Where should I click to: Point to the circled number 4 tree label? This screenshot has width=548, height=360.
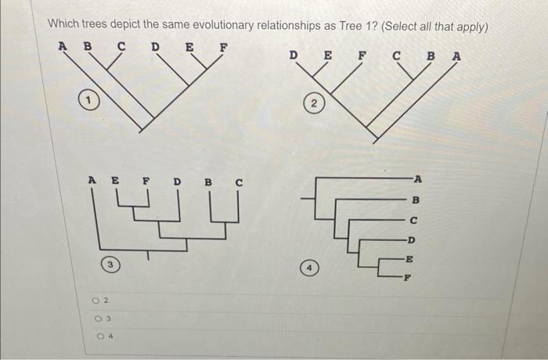coord(311,270)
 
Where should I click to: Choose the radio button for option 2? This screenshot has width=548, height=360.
coord(95,300)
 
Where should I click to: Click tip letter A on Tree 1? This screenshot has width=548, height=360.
coord(62,45)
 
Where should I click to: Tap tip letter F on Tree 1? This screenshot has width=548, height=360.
coord(223,46)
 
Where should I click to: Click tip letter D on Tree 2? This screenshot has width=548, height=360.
coord(294,56)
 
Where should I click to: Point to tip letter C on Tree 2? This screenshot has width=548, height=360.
coord(398,56)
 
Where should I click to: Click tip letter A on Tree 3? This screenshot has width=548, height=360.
coord(91,181)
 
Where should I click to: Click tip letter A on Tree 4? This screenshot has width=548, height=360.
coord(419,178)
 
